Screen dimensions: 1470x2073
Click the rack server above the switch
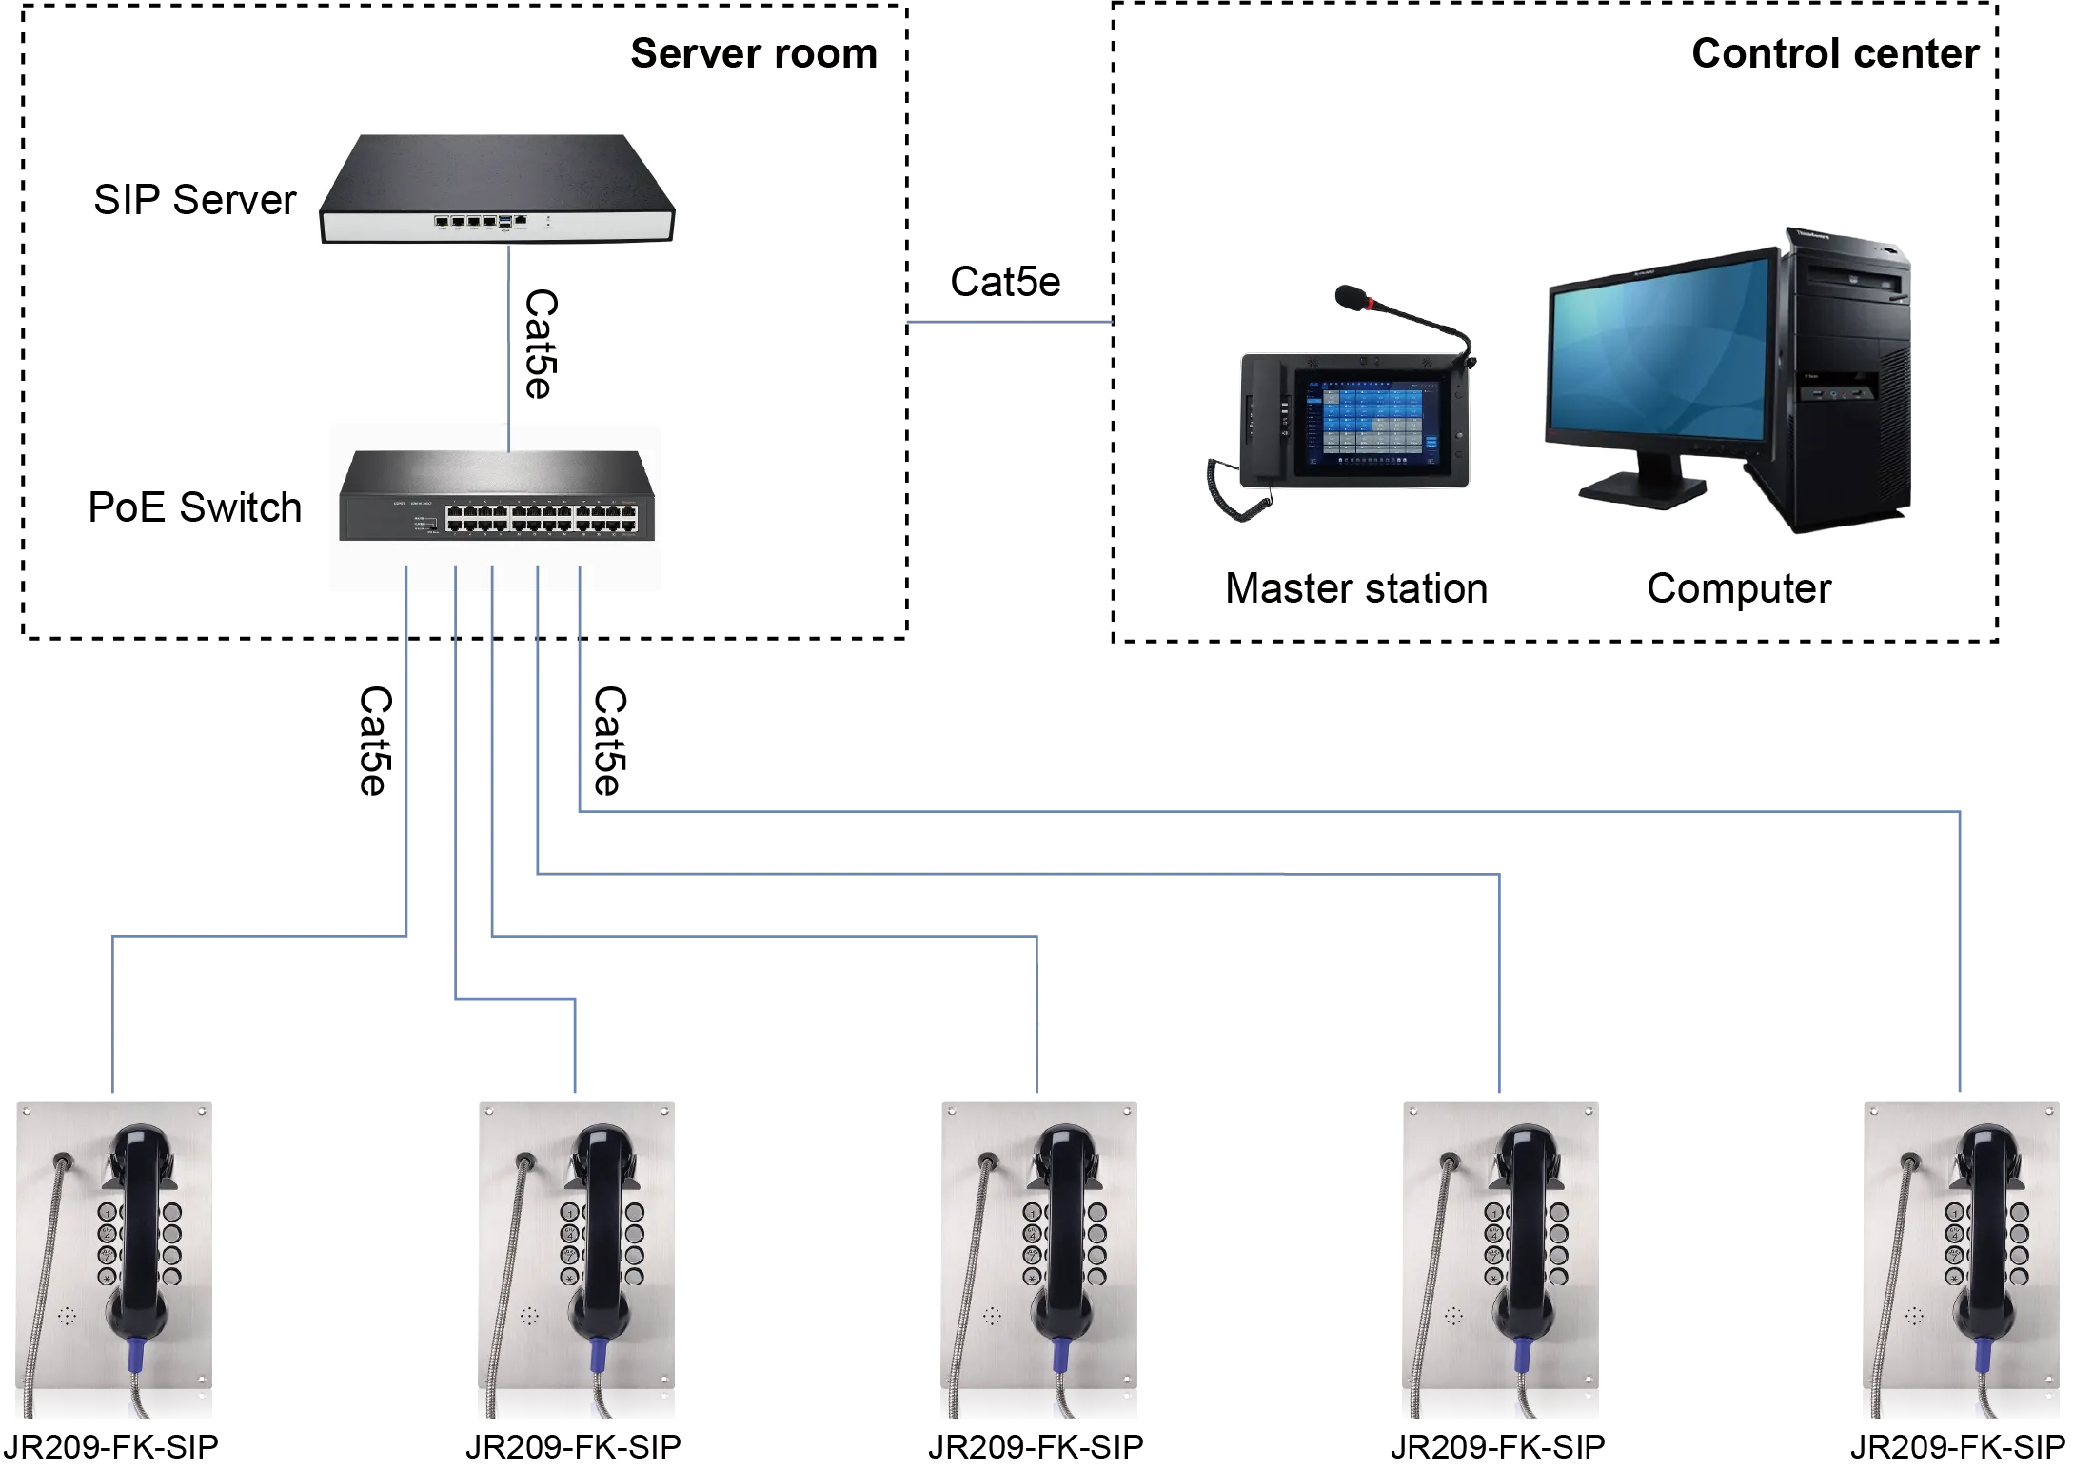(498, 190)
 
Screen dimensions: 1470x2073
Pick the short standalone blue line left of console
(1010, 324)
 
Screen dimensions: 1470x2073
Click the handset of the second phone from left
(602, 1228)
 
